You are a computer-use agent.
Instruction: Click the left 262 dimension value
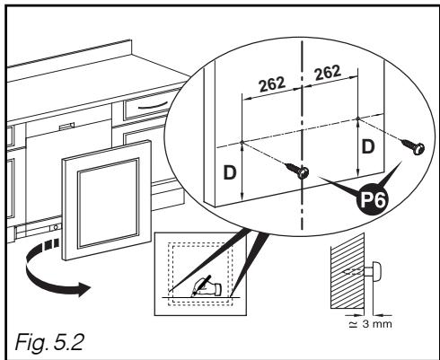click(x=267, y=83)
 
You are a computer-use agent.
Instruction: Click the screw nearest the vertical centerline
click(x=304, y=171)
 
